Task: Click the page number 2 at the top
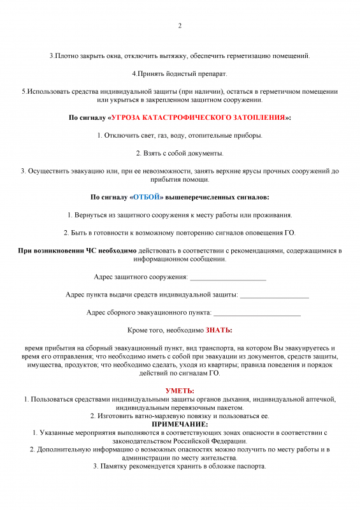coord(180,26)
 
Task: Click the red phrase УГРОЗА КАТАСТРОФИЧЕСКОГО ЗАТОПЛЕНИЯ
coord(199,118)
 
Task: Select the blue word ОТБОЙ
coord(147,197)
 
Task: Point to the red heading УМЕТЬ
coord(180,390)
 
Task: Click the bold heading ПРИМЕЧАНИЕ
coord(180,424)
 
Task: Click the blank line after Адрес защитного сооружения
coord(227,277)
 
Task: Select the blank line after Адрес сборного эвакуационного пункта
coord(257,312)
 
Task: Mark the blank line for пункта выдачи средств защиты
coord(275,295)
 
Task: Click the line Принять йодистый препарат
coord(180,74)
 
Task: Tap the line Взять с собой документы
coord(180,154)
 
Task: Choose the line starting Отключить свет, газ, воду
coord(180,136)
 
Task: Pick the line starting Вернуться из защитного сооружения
coord(180,215)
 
